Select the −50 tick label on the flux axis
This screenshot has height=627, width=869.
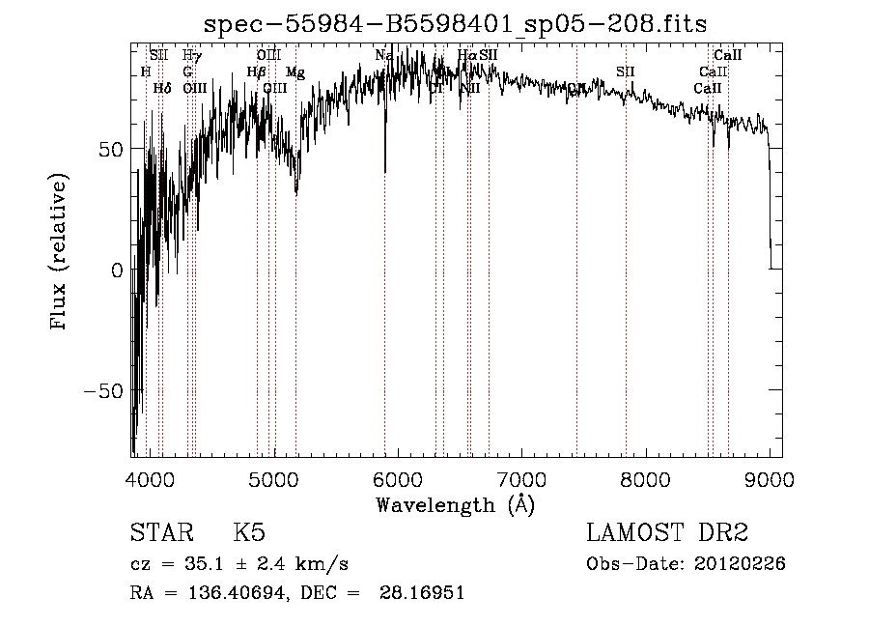pos(104,391)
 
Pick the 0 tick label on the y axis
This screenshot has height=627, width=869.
pos(117,271)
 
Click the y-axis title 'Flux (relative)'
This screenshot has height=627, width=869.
pos(60,253)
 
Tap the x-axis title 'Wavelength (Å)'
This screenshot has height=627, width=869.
pos(455,504)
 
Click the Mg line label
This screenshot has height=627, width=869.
pos(295,72)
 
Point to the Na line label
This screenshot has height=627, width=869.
pos(383,55)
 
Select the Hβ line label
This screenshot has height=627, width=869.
pos(256,71)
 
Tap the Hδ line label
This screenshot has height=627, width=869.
pos(162,88)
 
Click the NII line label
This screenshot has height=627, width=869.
pos(470,88)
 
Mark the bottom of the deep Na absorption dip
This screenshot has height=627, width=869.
pos(385,172)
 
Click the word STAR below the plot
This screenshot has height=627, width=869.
pos(160,533)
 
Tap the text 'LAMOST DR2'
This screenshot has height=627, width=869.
pos(666,533)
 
